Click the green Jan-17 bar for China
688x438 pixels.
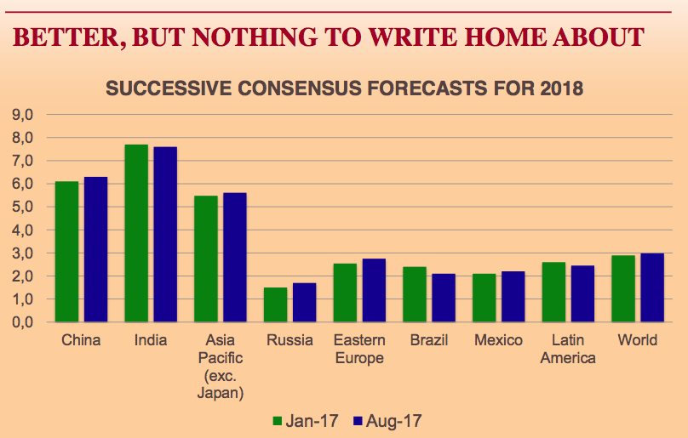point(66,252)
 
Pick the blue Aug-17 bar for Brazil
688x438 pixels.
point(443,298)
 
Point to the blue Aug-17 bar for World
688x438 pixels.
point(651,287)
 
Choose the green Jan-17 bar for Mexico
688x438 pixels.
point(484,298)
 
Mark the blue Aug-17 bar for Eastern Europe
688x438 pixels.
point(374,290)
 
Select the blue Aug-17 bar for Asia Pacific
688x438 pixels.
point(234,258)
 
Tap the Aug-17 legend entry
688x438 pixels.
point(387,420)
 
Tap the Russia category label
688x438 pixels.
point(290,341)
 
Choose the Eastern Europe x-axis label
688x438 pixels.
point(359,349)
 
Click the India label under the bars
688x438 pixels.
point(151,341)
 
